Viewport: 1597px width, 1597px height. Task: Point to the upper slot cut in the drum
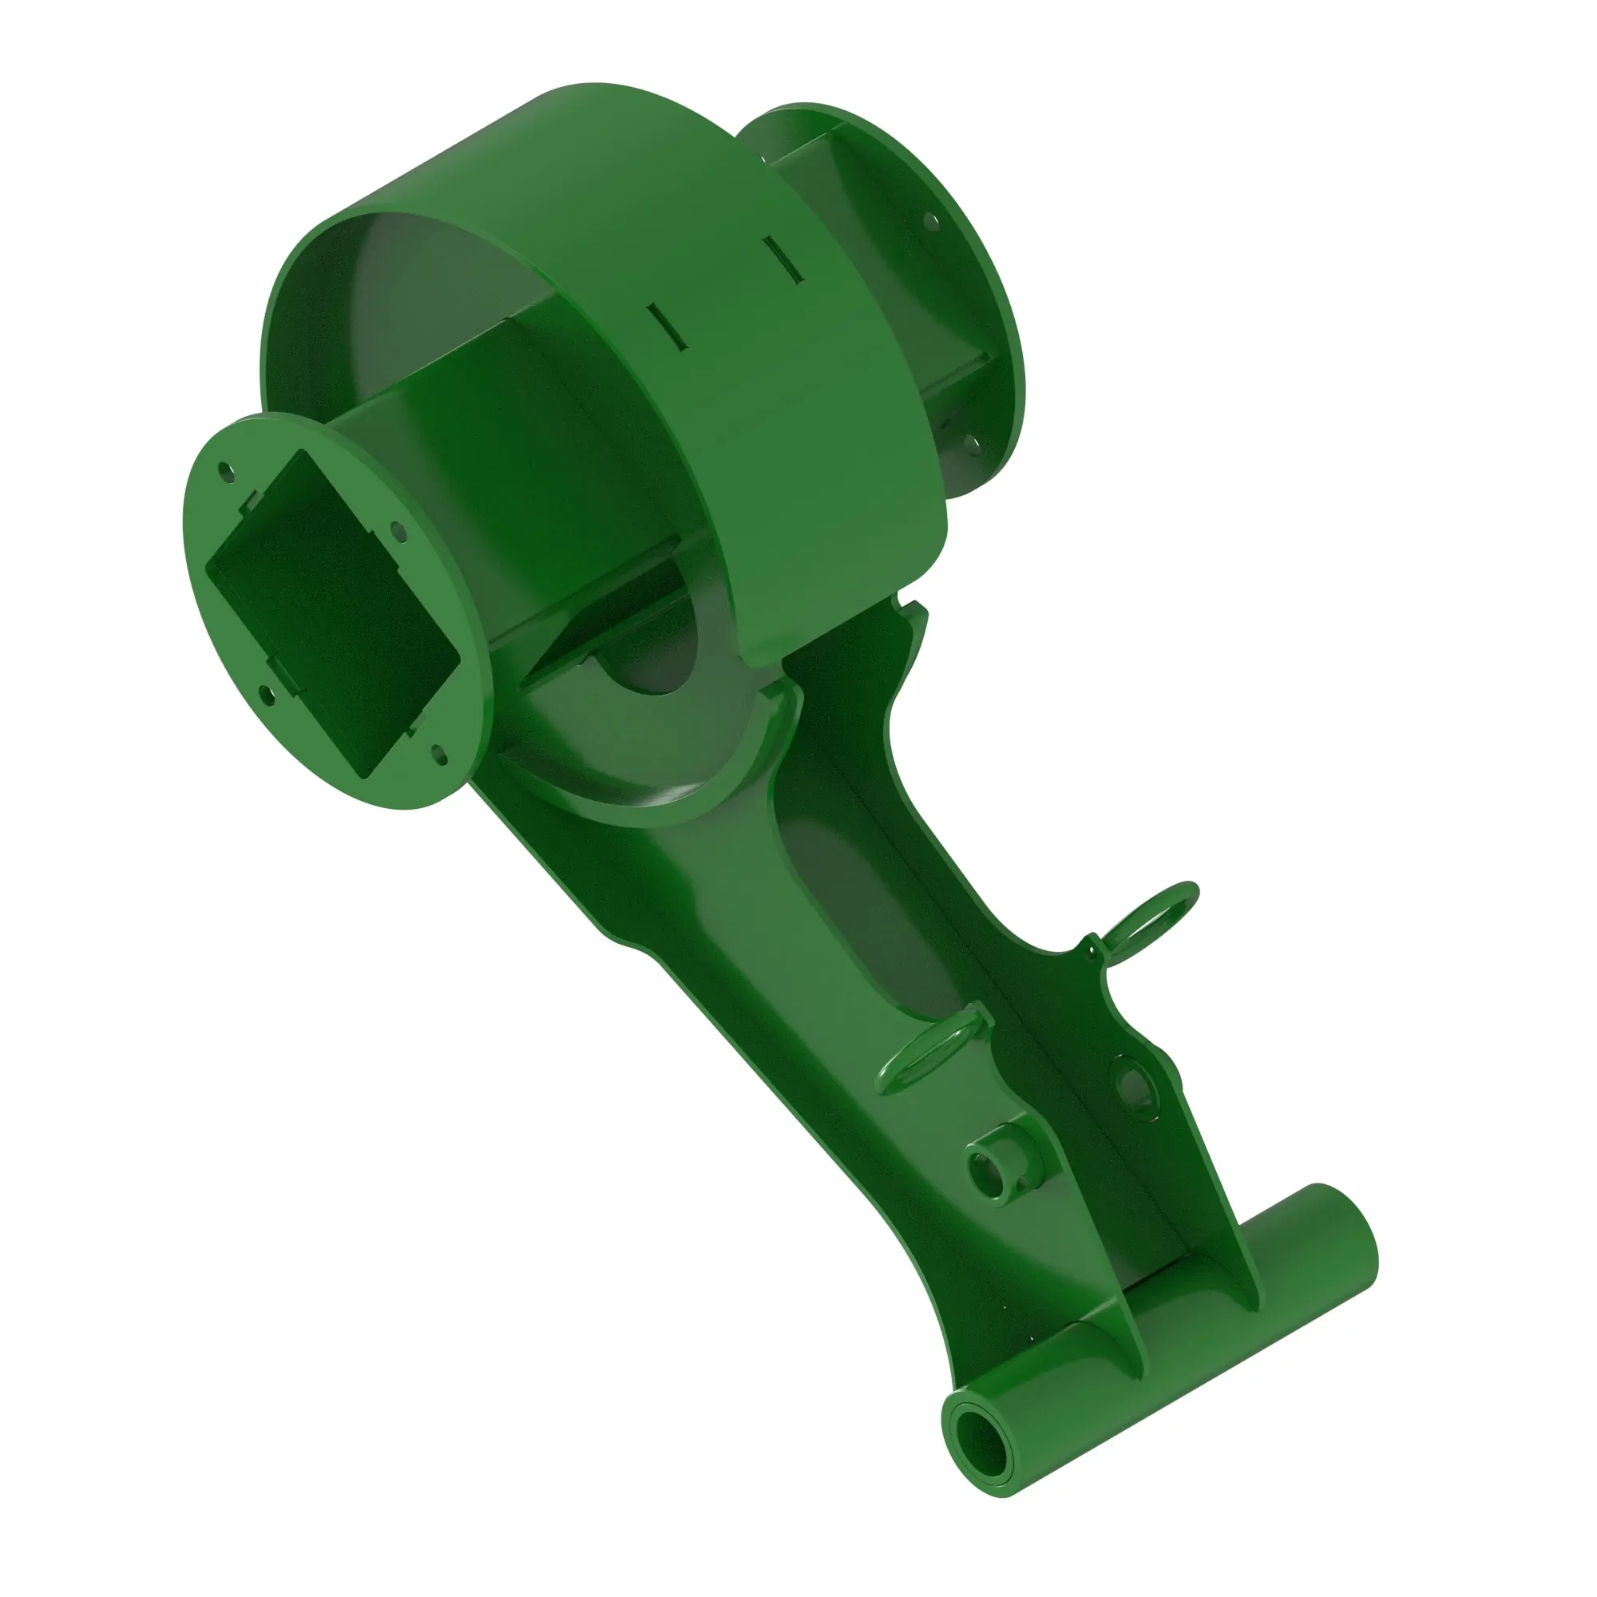tap(782, 260)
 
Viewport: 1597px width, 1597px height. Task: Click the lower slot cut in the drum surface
tap(666, 324)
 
